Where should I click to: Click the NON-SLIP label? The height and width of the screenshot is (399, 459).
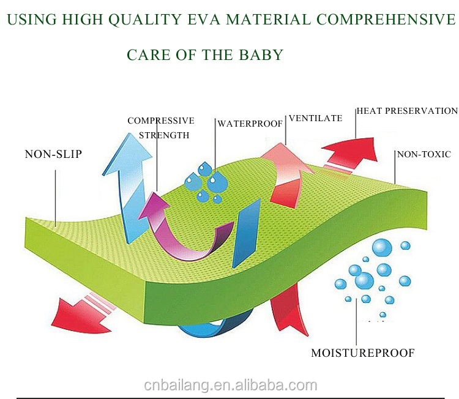click(x=53, y=154)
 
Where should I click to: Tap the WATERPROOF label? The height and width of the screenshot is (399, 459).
click(x=250, y=124)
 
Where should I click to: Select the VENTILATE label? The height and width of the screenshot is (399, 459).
click(x=315, y=118)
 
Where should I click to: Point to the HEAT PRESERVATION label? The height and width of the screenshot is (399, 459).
click(x=407, y=111)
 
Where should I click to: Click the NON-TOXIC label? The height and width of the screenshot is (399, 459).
click(x=424, y=154)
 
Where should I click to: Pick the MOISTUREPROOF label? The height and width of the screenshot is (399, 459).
click(x=363, y=352)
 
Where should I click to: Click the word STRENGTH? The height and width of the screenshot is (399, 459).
click(x=165, y=135)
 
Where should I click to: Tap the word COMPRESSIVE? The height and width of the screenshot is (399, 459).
click(x=161, y=121)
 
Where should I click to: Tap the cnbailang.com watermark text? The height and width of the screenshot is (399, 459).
click(x=230, y=385)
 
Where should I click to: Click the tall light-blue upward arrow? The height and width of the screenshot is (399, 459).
click(x=125, y=184)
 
